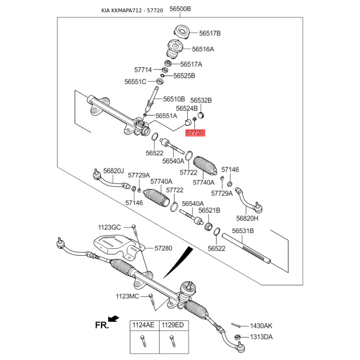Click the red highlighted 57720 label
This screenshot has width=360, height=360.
[195, 133]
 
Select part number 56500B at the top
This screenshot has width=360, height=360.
[180, 9]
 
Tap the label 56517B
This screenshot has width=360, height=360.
[210, 33]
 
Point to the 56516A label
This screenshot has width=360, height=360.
[203, 49]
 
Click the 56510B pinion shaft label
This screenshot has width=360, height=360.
[174, 99]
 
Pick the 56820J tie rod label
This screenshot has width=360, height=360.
[113, 171]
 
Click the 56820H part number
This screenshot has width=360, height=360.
[247, 218]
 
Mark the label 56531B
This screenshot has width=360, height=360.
[243, 231]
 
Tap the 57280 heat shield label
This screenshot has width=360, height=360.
[163, 248]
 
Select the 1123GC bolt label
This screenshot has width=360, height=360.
[109, 227]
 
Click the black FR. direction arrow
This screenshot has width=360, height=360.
[114, 319]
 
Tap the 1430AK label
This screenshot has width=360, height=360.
[261, 326]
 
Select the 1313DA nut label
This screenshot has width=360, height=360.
[261, 337]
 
